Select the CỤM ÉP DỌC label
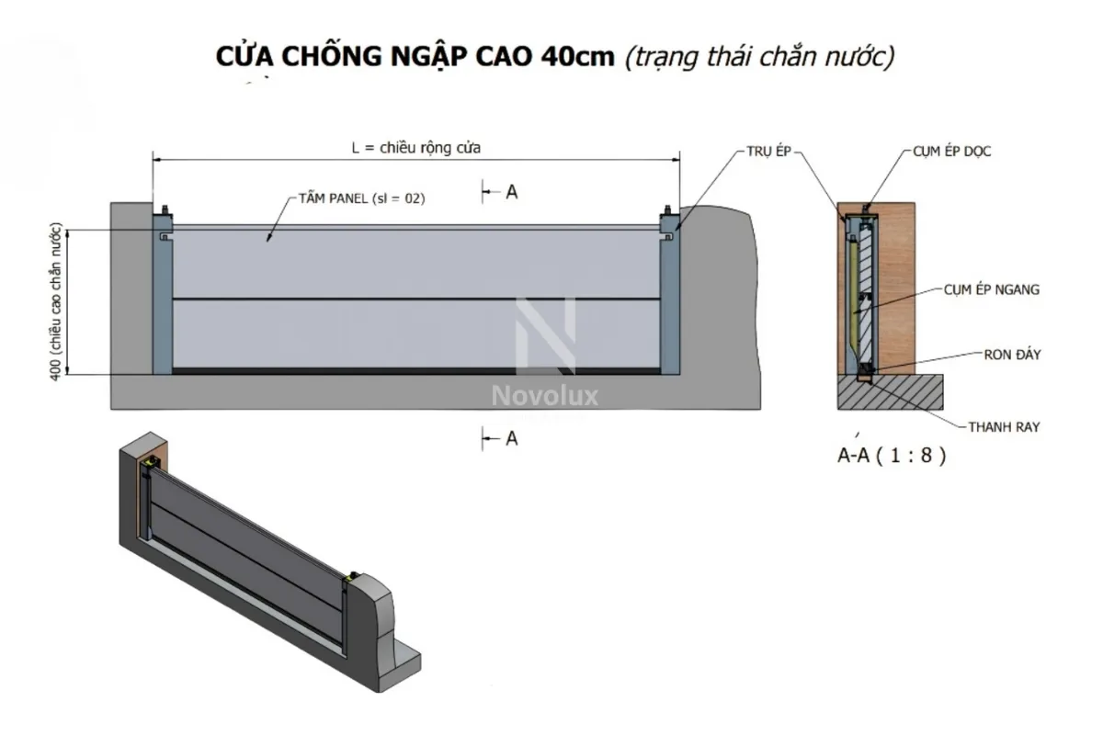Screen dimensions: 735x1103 click(x=952, y=149)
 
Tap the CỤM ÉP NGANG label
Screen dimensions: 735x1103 click(x=991, y=290)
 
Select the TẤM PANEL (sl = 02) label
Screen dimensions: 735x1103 click(x=361, y=198)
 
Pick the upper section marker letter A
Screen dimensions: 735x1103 click(x=512, y=191)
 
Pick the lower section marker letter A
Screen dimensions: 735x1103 click(x=512, y=439)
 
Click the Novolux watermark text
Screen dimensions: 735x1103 click(x=545, y=396)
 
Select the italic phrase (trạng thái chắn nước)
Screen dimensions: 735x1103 click(x=758, y=56)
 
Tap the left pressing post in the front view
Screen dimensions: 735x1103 click(x=162, y=299)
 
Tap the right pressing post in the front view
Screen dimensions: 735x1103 click(x=669, y=299)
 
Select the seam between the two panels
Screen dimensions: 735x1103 click(x=415, y=300)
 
